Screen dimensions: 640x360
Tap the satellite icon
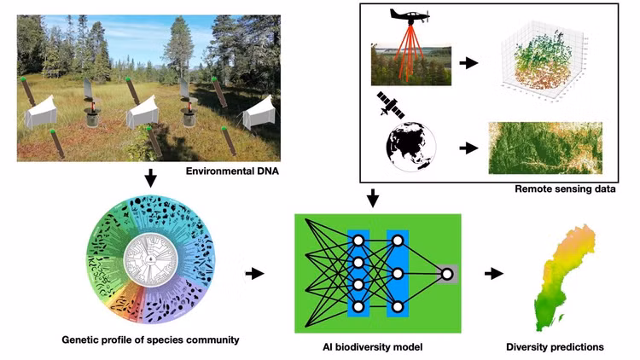390,104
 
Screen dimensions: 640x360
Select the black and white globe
411,146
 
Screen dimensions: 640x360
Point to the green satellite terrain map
545,148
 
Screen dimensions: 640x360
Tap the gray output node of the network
447,274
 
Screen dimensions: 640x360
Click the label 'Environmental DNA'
232,171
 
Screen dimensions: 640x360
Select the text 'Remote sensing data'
565,189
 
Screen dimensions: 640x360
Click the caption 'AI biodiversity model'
373,347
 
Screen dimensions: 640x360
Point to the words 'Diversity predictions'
555,347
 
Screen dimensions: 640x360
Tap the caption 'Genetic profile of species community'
150,340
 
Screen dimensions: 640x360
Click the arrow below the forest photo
150,178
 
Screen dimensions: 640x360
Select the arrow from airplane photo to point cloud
468,63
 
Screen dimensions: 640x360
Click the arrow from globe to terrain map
468,148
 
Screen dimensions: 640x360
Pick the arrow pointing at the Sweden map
494,274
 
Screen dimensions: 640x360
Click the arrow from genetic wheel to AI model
254,274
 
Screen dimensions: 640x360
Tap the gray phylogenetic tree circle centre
150,258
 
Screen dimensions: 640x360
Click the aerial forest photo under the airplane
411,65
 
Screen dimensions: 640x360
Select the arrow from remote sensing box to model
372,198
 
